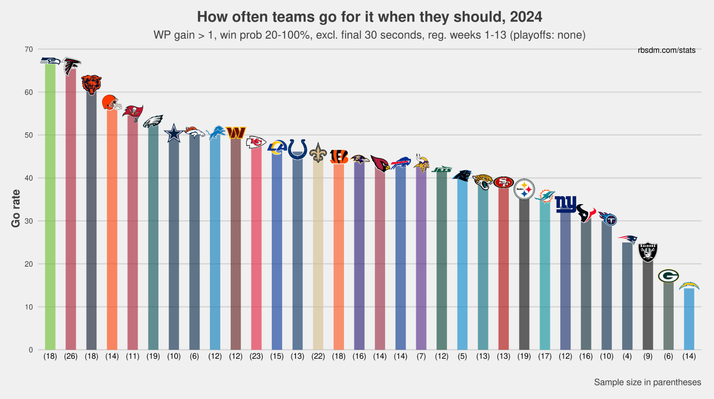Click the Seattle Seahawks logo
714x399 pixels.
[x=50, y=61]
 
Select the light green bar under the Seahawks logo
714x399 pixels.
[x=50, y=207]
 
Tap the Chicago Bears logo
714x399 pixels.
[x=91, y=85]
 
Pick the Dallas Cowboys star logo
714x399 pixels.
[x=174, y=133]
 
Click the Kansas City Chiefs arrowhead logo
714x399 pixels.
[x=256, y=142]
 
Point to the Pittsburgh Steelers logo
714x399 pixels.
[x=524, y=189]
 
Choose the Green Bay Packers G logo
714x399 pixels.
[x=668, y=276]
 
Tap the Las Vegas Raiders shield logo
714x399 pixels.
[x=648, y=252]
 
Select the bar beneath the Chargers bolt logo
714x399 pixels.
[x=689, y=318]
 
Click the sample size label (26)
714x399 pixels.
[x=71, y=356]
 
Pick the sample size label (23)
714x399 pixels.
[x=256, y=356]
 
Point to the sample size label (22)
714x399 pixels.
[x=318, y=356]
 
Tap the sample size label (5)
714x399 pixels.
[x=462, y=356]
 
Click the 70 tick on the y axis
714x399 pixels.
[x=29, y=49]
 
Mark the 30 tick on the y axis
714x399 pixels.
[x=29, y=221]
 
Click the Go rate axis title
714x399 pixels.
[x=16, y=208]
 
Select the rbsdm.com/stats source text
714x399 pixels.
[x=666, y=50]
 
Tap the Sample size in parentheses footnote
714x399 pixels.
[x=647, y=382]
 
